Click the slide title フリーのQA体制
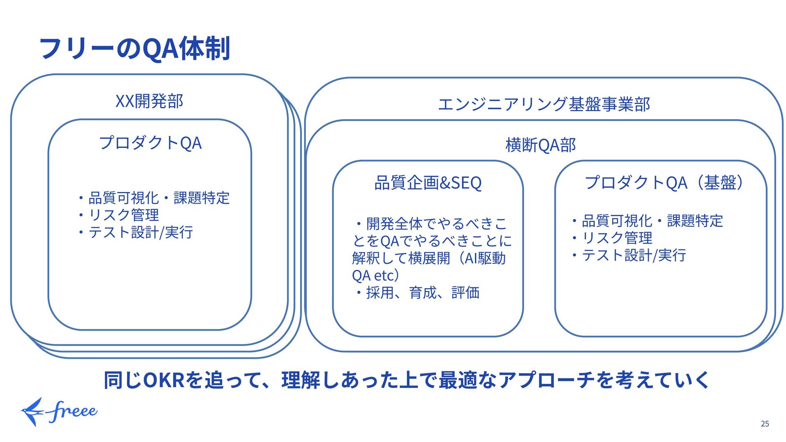pyautogui.click(x=134, y=48)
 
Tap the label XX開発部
pyautogui.click(x=149, y=101)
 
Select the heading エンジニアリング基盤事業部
pyautogui.click(x=544, y=104)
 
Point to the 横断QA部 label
pyautogui.click(x=540, y=145)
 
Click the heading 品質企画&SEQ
pyautogui.click(x=428, y=183)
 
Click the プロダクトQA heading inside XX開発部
pyautogui.click(x=150, y=143)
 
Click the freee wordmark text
pyautogui.click(x=73, y=411)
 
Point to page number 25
pyautogui.click(x=765, y=424)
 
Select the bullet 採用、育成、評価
pyautogui.click(x=422, y=293)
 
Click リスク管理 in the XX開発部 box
pyautogui.click(x=123, y=215)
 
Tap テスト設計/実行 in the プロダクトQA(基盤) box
pyautogui.click(x=634, y=255)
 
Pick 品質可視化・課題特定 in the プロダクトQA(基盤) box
pyautogui.click(x=652, y=221)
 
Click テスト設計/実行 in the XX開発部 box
pyautogui.click(x=140, y=232)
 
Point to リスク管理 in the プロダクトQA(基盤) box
pyautogui.click(x=617, y=238)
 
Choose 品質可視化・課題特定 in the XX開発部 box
pyautogui.click(x=159, y=198)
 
